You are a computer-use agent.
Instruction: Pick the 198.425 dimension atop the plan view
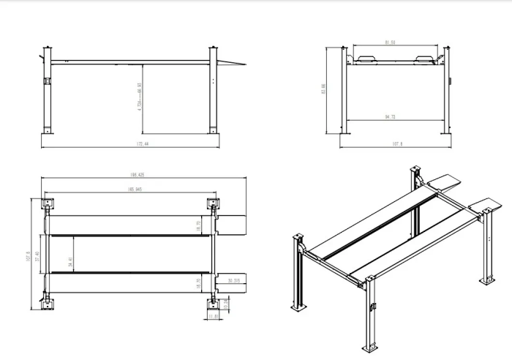pyautogui.click(x=136, y=176)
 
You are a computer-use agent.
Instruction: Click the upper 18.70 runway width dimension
pyautogui.click(x=197, y=226)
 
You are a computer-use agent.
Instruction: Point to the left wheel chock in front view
pyautogui.click(x=364, y=59)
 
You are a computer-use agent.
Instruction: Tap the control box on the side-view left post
pyautogui.click(x=46, y=80)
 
